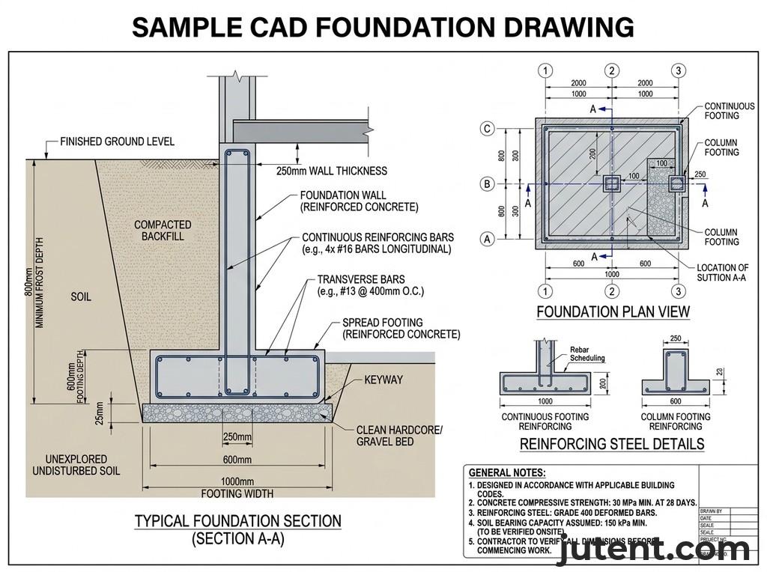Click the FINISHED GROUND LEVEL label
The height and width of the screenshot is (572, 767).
[117, 142]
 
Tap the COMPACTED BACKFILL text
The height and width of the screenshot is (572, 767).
[163, 230]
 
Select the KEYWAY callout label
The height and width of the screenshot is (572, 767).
[383, 380]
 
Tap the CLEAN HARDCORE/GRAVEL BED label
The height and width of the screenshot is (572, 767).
[399, 435]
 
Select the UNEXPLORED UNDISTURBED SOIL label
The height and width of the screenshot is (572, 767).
[76, 465]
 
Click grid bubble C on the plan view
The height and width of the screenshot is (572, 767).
[488, 129]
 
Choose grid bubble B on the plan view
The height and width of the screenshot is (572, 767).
[488, 184]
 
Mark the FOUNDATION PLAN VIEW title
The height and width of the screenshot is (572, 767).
[613, 311]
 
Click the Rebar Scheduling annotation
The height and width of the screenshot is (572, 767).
[587, 353]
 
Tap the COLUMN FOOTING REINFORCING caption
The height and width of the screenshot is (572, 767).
[676, 422]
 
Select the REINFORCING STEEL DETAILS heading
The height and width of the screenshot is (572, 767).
[612, 444]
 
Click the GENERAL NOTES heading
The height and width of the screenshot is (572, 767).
[507, 472]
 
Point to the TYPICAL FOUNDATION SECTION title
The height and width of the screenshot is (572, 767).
[237, 521]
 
